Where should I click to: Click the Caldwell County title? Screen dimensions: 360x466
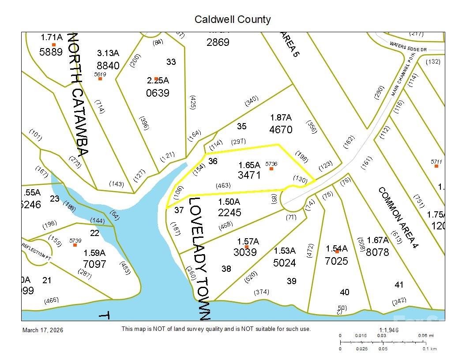coord(233,20)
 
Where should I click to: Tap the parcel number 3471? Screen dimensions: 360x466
coord(249,175)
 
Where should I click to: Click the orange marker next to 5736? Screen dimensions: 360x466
coord(271,169)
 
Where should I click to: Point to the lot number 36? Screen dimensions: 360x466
coord(213,161)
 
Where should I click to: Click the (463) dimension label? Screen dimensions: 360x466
coord(223,186)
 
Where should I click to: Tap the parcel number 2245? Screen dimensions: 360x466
coord(229,213)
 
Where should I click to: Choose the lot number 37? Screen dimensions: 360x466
coord(179,210)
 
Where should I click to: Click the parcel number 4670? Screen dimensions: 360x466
coord(281,130)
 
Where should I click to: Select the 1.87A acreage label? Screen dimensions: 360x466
coord(281,118)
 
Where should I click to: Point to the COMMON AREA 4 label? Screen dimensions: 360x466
coord(398,219)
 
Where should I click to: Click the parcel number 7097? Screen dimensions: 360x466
coord(94,264)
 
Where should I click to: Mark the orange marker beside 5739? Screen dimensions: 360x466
coord(75,245)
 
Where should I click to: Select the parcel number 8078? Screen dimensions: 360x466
coord(377,252)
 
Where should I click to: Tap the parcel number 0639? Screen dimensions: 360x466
coord(158,93)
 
